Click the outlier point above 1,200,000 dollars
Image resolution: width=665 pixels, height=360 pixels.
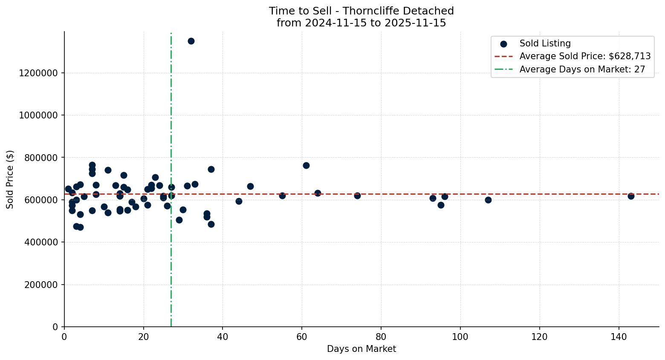click(x=191, y=41)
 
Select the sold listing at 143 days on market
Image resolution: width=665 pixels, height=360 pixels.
click(x=630, y=196)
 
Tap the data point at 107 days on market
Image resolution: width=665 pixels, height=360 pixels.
click(x=488, y=200)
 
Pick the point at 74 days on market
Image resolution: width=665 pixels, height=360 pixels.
click(x=357, y=196)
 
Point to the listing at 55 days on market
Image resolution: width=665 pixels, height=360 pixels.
click(x=282, y=196)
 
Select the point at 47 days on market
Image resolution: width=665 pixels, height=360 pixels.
click(x=250, y=186)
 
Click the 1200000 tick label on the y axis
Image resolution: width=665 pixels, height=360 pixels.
click(x=38, y=73)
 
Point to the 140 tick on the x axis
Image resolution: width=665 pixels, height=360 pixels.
click(x=619, y=337)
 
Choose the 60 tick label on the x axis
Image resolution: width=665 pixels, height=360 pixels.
click(x=302, y=337)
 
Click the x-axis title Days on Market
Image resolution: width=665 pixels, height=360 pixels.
click(x=361, y=349)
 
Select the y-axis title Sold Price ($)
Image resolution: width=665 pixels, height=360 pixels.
click(x=10, y=179)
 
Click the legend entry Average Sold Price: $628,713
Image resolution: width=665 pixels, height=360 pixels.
click(x=585, y=56)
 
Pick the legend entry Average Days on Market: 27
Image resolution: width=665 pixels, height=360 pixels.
click(x=582, y=69)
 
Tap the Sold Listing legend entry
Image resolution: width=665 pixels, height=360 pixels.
click(x=545, y=43)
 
